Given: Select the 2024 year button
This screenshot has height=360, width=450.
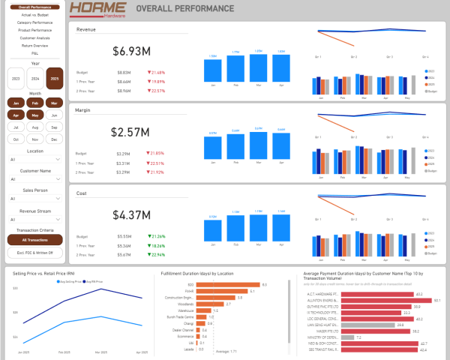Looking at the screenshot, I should coord(35,78).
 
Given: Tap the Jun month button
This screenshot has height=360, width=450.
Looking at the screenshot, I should coord(54,115).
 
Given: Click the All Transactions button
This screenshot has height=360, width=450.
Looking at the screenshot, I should coord(35,240).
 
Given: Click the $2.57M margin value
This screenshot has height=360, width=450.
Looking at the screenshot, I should coord(130,132).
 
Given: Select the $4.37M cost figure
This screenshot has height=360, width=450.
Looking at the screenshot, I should coord(130,214).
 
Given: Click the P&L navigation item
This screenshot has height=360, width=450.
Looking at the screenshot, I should coord(35,52).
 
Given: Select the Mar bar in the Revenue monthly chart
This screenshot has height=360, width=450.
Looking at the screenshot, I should coord(259,67).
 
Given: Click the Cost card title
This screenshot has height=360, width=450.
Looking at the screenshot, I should coord(82,193).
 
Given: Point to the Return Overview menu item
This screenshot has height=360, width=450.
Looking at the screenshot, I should coord(35,46).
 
